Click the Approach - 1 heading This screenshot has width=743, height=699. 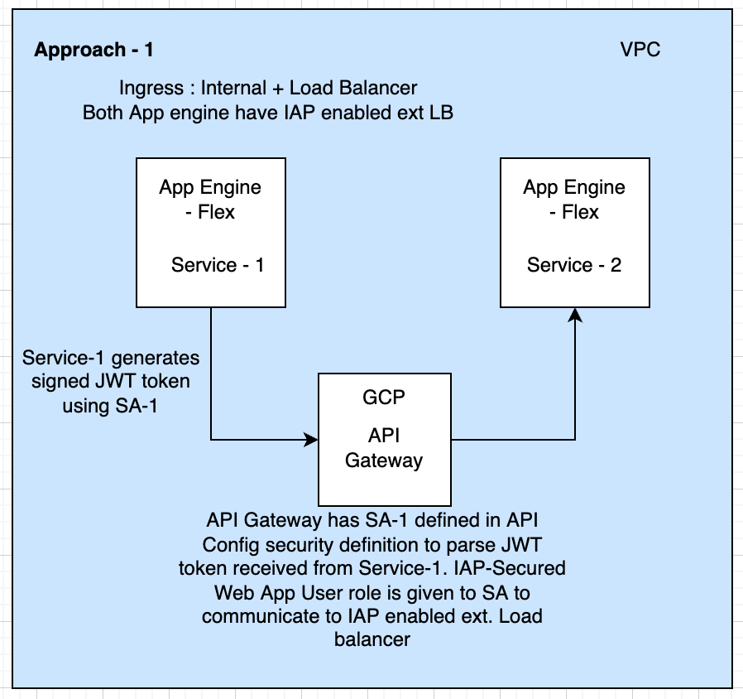[93, 50]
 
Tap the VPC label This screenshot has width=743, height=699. [640, 50]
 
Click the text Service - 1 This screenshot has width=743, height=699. [218, 265]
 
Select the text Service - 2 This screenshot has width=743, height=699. [574, 265]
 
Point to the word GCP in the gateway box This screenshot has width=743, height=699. [384, 397]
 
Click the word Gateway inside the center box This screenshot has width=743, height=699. [384, 460]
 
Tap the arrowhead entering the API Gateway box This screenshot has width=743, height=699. [312, 440]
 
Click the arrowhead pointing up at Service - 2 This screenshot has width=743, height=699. [575, 314]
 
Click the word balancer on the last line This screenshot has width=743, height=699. [371, 640]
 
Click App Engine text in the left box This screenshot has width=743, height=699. [210, 187]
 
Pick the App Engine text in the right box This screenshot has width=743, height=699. [574, 187]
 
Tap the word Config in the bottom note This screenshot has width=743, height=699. [232, 546]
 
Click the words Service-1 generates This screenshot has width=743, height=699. [111, 359]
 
